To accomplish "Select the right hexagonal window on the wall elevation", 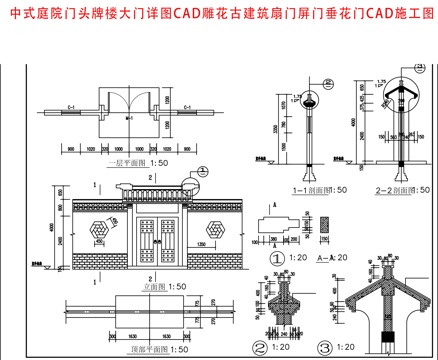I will point(212,229).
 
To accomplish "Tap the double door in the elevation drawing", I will point(156,241).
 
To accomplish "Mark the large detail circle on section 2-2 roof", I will point(389,88).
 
